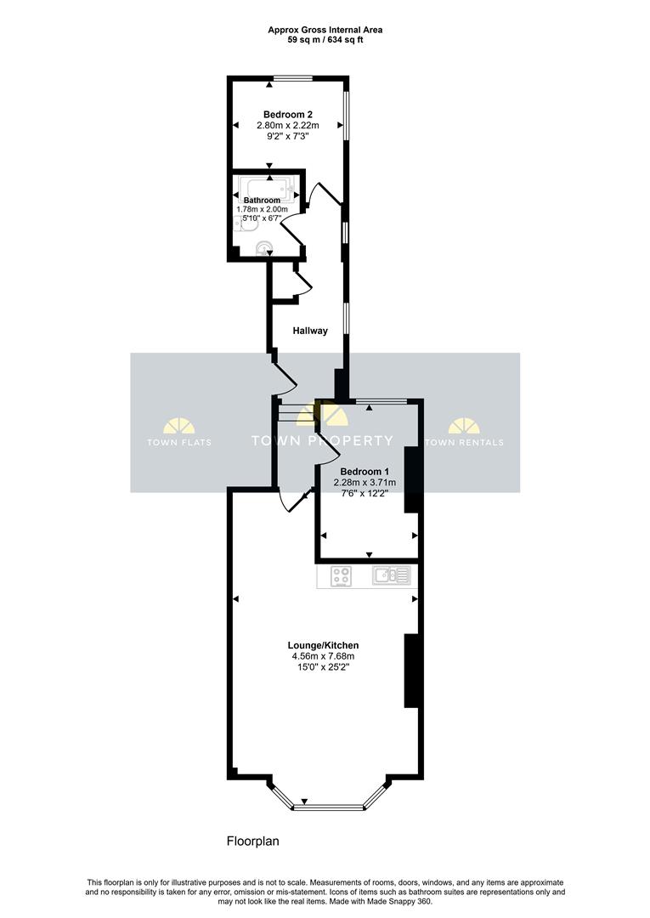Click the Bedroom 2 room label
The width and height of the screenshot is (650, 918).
(x=288, y=114)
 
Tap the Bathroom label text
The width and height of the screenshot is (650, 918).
(x=262, y=201)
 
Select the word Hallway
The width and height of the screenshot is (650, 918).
(x=310, y=331)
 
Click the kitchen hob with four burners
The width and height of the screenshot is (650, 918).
(x=342, y=576)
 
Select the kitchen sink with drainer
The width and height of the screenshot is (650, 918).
(x=392, y=576)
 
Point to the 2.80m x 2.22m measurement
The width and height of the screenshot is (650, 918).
(x=288, y=126)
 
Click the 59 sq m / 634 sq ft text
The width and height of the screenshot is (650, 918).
(x=325, y=40)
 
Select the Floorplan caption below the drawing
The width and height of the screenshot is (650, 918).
(x=252, y=841)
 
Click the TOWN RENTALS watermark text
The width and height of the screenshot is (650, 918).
(x=464, y=442)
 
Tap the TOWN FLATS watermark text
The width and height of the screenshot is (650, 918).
(x=179, y=442)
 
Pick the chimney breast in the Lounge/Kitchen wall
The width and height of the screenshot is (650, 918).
(x=411, y=671)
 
